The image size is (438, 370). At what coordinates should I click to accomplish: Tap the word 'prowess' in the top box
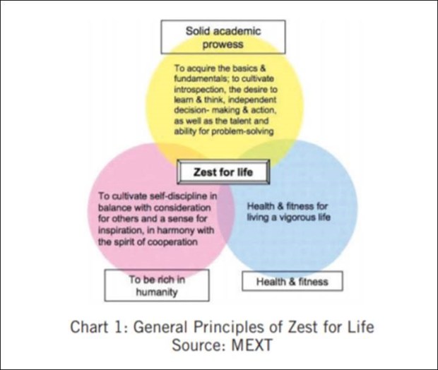pyautogui.click(x=224, y=44)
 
